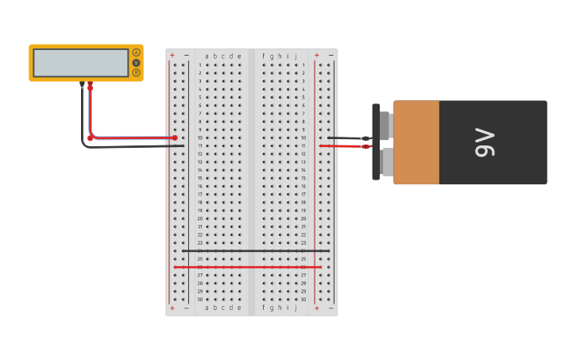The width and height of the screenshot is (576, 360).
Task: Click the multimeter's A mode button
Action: tap(136, 52)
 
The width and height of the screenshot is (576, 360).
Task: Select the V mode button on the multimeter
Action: tap(136, 63)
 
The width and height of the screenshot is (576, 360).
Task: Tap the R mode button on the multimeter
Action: tap(136, 72)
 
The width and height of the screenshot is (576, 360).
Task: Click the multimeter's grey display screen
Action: tap(80, 63)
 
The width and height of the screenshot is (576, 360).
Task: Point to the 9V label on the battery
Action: tap(485, 142)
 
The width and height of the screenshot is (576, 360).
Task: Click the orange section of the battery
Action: tap(416, 142)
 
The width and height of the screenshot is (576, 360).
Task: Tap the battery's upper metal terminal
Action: tap(385, 124)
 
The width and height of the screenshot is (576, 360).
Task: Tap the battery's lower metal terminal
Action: tap(386, 162)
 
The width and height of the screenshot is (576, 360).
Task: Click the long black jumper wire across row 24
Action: tap(254, 251)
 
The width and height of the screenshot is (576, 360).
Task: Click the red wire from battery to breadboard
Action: tap(342, 146)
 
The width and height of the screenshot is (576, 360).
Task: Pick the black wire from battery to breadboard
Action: tap(346, 137)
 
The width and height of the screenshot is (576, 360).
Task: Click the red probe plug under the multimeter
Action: tap(90, 84)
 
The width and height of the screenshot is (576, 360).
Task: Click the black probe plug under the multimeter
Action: tap(82, 84)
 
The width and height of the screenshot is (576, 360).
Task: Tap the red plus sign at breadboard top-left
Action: tap(172, 56)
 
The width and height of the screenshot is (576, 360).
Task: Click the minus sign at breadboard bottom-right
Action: tap(331, 308)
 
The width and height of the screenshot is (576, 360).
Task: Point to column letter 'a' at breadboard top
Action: tap(207, 56)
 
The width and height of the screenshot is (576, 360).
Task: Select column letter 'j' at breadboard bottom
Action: tap(296, 308)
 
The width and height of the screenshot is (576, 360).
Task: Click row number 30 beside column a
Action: tap(199, 300)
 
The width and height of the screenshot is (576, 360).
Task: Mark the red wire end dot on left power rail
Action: tap(175, 137)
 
